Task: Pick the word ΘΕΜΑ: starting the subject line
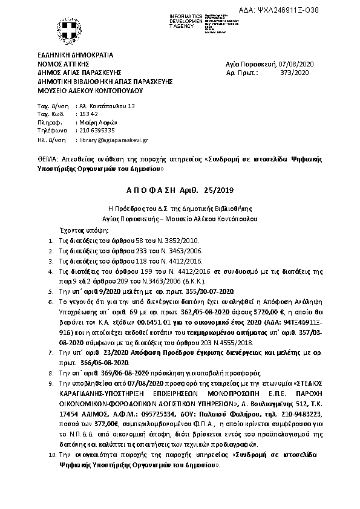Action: [47, 160]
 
